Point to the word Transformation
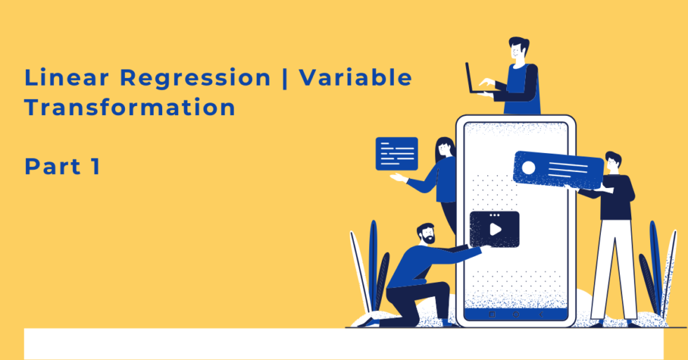coord(130,108)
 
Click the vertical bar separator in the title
coord(284,79)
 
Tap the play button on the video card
coord(495,229)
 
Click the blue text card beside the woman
coord(397,153)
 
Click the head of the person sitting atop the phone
coord(518,50)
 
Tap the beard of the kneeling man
coord(427,239)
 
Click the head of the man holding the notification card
coord(612,161)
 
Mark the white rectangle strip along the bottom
coord(344,343)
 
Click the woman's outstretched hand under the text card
coord(397,178)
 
